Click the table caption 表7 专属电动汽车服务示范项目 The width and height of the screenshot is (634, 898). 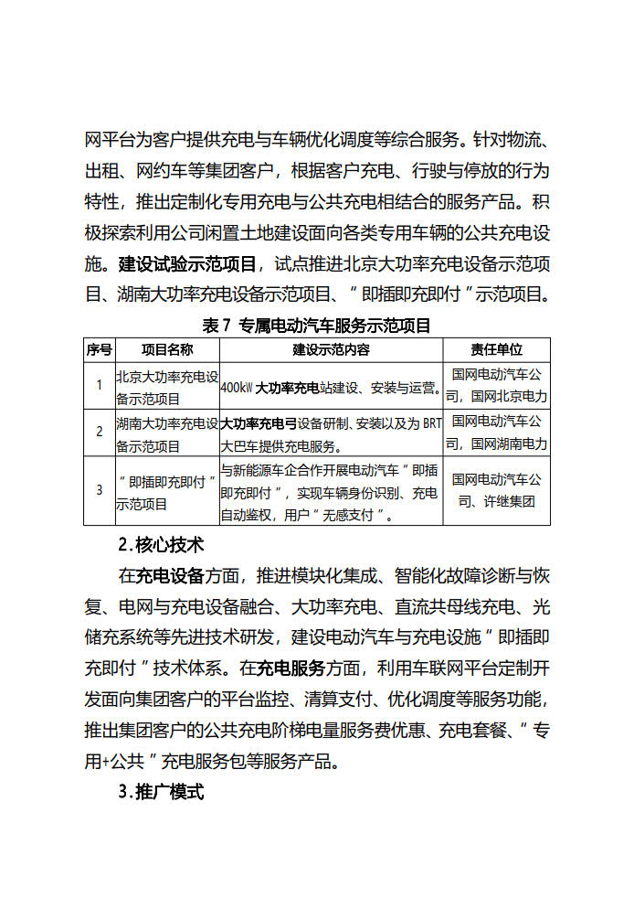click(316, 325)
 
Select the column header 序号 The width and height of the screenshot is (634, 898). click(99, 350)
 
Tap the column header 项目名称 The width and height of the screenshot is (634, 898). click(167, 350)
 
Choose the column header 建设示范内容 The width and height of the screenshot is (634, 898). click(331, 350)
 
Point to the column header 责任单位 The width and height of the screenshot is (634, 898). click(496, 350)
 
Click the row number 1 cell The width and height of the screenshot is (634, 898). click(99, 386)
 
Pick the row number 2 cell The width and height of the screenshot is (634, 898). click(99, 433)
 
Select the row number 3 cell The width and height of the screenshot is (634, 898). click(99, 490)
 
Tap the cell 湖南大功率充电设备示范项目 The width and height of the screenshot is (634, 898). click(167, 433)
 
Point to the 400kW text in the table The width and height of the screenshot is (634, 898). click(238, 388)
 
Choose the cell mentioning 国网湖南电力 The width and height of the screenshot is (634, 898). click(496, 433)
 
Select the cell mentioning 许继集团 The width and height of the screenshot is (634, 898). click(496, 490)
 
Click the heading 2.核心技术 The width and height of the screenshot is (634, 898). click(161, 545)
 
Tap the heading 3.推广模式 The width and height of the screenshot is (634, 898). click(161, 792)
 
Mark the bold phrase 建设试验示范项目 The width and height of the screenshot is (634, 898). click(188, 265)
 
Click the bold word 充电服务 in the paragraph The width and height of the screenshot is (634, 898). click(291, 668)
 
